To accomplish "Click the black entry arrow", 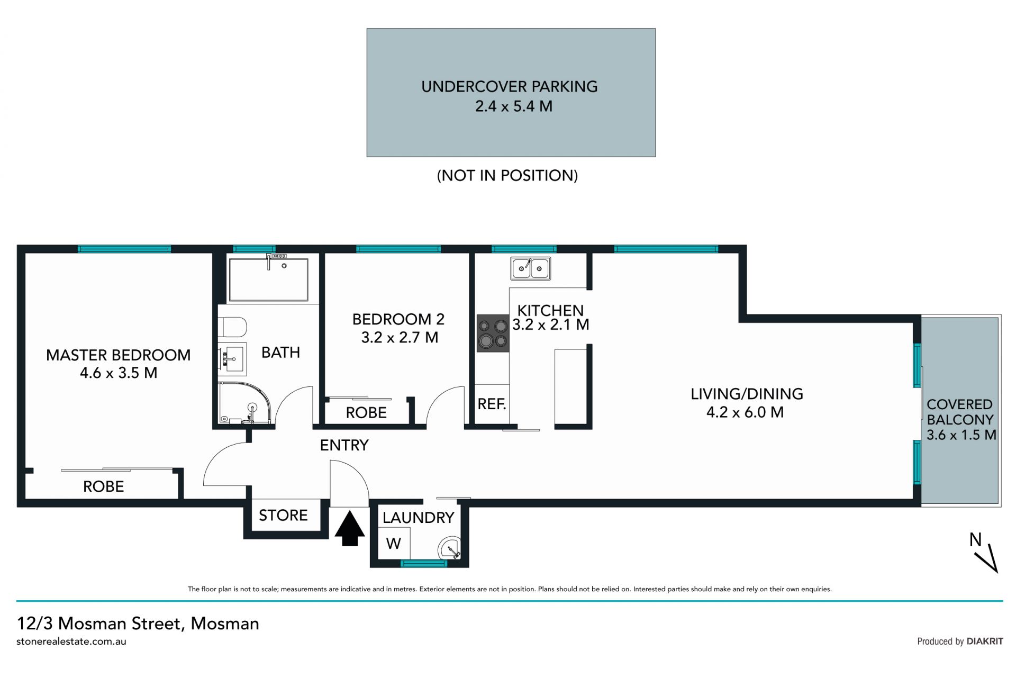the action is tap(350, 528).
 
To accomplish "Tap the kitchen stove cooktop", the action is tap(493, 333).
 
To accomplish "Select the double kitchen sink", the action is tap(530, 268).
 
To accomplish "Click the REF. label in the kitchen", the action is tap(492, 404).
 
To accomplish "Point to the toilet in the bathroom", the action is tap(232, 327).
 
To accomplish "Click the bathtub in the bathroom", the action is tap(268, 279).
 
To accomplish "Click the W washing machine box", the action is tap(394, 543).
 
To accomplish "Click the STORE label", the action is tap(283, 515).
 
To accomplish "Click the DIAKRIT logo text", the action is tap(985, 642).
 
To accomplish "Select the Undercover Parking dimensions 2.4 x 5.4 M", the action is tap(513, 106).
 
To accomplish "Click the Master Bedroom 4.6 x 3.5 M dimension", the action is tap(119, 373).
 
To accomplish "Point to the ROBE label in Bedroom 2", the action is tap(366, 413).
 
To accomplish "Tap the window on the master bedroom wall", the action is tap(124, 249).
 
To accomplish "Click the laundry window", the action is tap(424, 563).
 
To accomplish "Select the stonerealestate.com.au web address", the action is tap(71, 642).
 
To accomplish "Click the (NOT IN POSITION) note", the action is tap(507, 175).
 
